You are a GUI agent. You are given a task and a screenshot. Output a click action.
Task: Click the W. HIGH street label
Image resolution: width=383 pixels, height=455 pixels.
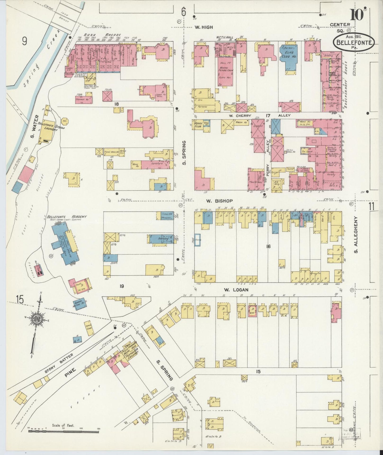[204, 27]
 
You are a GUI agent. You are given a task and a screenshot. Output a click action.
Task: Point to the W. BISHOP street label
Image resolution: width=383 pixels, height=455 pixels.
[217, 201]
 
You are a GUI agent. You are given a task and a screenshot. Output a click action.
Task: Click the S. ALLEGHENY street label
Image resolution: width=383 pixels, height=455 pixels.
[356, 234]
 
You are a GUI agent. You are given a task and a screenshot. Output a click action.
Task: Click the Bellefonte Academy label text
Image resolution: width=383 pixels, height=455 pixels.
[67, 217]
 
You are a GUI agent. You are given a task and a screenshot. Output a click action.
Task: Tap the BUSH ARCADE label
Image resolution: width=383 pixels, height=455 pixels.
[103, 35]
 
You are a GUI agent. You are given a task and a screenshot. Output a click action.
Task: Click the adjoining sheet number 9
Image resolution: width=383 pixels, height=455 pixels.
[25, 41]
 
